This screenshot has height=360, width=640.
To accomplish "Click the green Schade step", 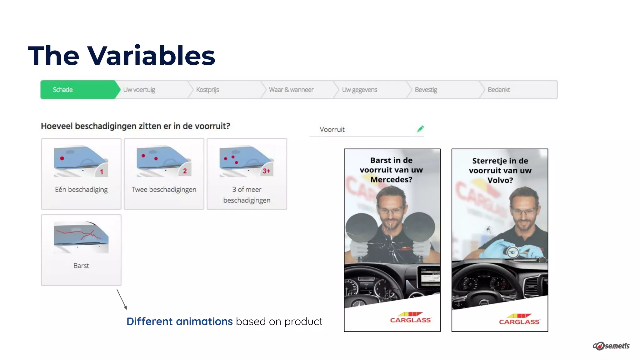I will pyautogui.click(x=78, y=90).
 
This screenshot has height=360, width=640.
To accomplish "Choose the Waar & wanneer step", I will pyautogui.click(x=291, y=90).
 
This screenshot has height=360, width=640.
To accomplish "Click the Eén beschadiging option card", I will pyautogui.click(x=81, y=174).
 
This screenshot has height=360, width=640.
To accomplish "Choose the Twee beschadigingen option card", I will pyautogui.click(x=164, y=174).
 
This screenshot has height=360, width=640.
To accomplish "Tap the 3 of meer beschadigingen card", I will pyautogui.click(x=247, y=174).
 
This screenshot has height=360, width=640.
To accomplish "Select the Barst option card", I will pyautogui.click(x=81, y=250).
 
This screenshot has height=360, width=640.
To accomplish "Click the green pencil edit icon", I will pyautogui.click(x=420, y=129).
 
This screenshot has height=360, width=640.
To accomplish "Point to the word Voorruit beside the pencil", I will pyautogui.click(x=332, y=129).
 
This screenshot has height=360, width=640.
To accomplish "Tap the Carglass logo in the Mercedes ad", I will pyautogui.click(x=410, y=317).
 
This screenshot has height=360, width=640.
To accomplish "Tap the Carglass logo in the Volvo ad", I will pyautogui.click(x=519, y=319).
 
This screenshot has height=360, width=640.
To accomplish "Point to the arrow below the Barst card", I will pyautogui.click(x=122, y=299).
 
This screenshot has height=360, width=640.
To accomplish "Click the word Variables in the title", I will pyautogui.click(x=151, y=56).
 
